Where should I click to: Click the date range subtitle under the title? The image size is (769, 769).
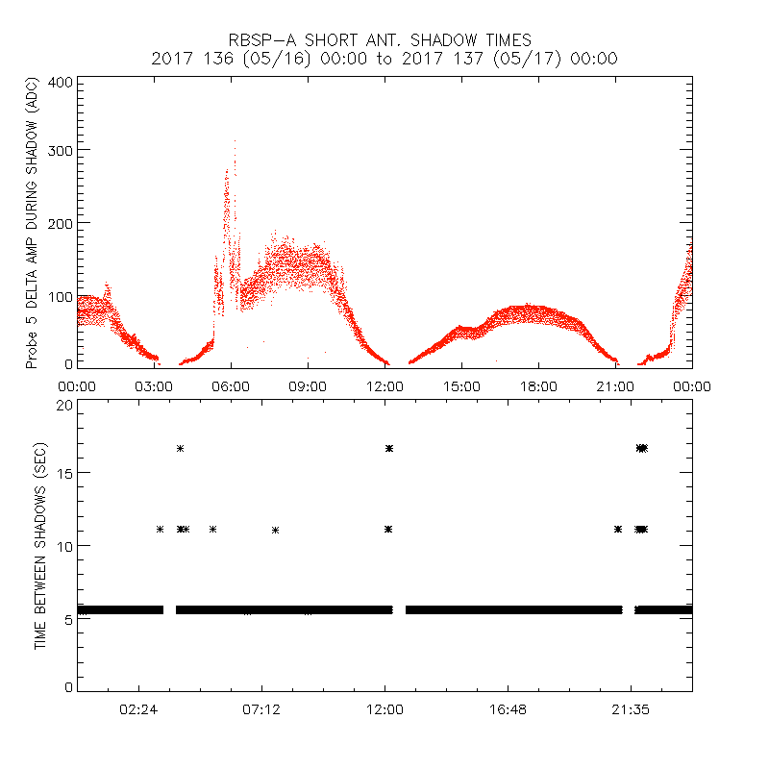coord(384,59)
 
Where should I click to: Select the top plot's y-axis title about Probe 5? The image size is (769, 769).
coord(32,223)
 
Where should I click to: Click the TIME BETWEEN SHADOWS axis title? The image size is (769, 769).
coord(39,546)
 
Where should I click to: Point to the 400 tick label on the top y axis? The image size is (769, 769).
coord(61,82)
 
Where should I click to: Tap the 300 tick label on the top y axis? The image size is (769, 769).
coord(61,150)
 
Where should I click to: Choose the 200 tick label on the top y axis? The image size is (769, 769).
coord(61,222)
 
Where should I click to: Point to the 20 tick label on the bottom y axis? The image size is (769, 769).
coord(64,405)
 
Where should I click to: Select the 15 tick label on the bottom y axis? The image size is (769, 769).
coord(64,473)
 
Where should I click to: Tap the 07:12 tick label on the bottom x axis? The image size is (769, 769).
coord(261,709)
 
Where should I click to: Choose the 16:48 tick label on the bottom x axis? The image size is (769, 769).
coord(508,709)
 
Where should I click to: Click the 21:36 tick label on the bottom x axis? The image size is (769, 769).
coord(631,709)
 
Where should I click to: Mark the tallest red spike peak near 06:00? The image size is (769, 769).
coord(235,142)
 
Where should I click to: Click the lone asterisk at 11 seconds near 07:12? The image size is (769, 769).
coord(276,530)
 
